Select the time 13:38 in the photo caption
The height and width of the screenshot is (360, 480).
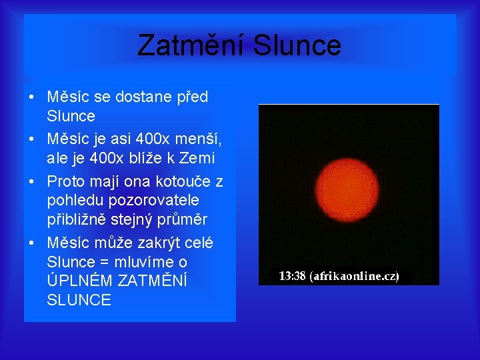point(293,276)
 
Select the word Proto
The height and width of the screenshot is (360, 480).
point(66,182)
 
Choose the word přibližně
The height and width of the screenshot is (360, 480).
point(81,220)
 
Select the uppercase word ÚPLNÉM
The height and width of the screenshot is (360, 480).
point(79,281)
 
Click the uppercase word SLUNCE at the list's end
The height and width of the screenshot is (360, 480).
point(79,301)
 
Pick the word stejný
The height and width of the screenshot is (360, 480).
point(140,220)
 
